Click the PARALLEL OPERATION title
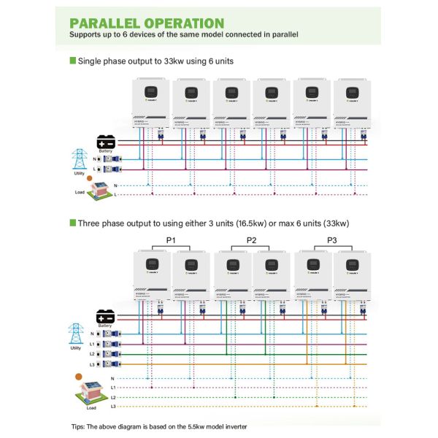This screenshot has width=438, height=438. (x=147, y=23)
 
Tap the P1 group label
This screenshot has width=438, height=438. (x=171, y=240)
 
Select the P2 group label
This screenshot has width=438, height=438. (x=251, y=240)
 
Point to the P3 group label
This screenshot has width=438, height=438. (x=332, y=240)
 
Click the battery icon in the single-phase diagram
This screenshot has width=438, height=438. (x=107, y=142)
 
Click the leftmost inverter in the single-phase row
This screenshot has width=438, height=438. (x=150, y=105)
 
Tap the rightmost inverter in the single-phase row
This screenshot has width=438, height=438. (x=354, y=105)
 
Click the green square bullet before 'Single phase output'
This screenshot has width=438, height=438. (x=72, y=61)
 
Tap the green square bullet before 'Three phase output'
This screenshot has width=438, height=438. (x=72, y=222)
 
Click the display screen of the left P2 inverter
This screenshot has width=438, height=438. (x=232, y=265)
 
